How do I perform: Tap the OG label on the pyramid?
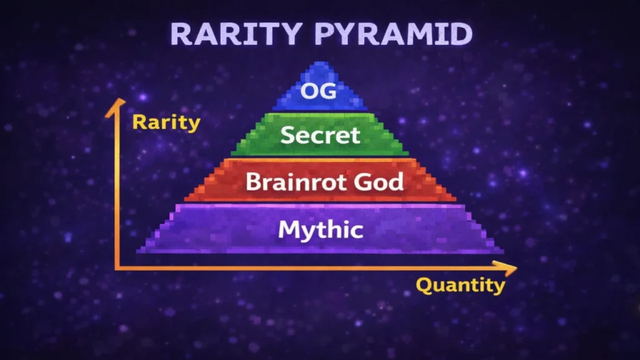[318, 91]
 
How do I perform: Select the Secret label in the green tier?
[320, 134]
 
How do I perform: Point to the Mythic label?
[321, 229]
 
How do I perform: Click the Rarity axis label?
[166, 122]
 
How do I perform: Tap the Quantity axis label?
[461, 286]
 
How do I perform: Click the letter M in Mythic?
[288, 229]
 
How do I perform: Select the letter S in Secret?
[288, 134]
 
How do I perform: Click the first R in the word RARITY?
[181, 34]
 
